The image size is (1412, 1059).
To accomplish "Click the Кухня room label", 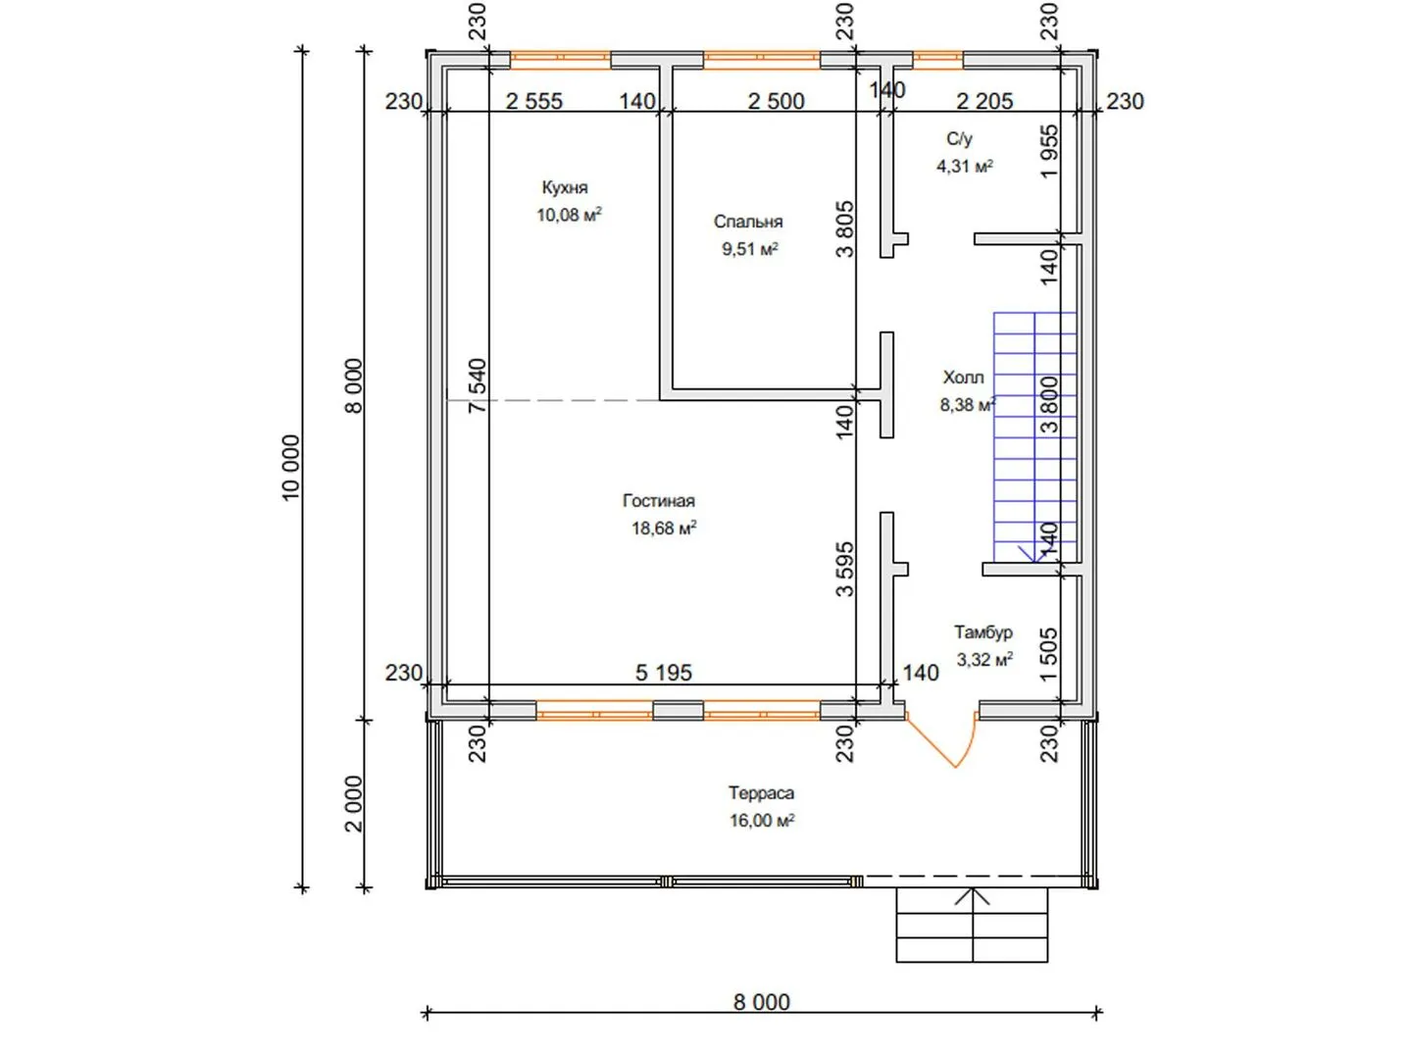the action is click(564, 187).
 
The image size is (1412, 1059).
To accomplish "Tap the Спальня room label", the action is click(747, 222).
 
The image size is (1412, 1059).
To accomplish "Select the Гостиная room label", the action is click(658, 500).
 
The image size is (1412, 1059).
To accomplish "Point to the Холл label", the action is click(963, 377).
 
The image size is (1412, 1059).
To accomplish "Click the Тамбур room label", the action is click(983, 632).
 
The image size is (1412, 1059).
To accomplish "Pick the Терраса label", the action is click(761, 793).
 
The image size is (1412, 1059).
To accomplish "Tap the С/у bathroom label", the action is click(959, 138).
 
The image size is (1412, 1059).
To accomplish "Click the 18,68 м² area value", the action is click(663, 528).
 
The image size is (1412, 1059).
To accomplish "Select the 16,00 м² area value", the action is click(762, 820).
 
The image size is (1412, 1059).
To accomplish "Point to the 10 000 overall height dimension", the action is click(291, 468).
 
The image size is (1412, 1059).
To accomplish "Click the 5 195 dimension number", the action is click(663, 673).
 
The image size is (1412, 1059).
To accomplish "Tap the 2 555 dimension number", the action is click(534, 101).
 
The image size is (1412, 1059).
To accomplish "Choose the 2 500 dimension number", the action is click(776, 101).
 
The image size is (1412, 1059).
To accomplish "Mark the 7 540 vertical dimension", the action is click(478, 385).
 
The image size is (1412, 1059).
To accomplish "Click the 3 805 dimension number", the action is click(844, 228).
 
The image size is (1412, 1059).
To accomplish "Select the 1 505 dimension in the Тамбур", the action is click(1048, 654).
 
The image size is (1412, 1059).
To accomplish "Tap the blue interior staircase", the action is click(1034, 438).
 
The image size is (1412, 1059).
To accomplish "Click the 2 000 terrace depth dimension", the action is click(354, 804).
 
